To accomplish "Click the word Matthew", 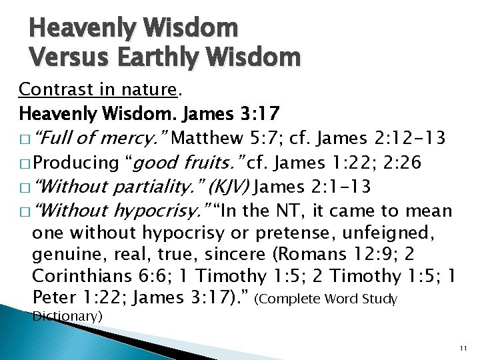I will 209,138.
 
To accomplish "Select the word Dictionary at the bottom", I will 67,316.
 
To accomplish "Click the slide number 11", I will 464,349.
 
